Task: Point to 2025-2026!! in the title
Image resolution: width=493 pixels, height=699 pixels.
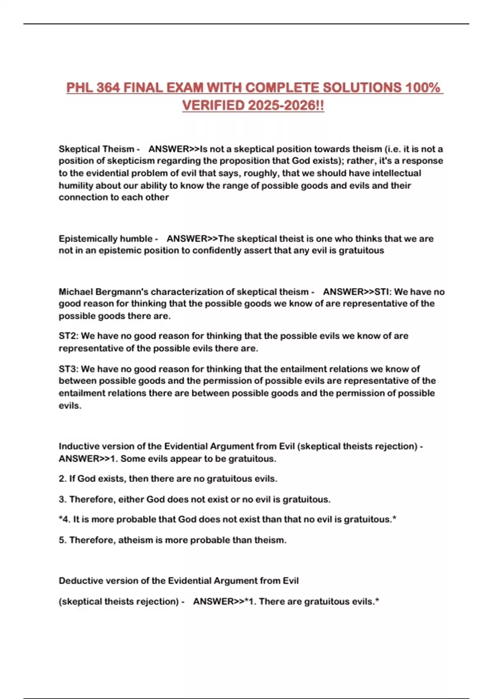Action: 286,106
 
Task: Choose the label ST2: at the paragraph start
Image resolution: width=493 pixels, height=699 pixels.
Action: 69,336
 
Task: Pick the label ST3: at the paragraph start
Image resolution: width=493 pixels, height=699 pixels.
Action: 69,369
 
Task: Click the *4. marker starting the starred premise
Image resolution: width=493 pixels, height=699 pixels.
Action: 65,519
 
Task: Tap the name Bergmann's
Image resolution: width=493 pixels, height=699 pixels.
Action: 122,292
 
